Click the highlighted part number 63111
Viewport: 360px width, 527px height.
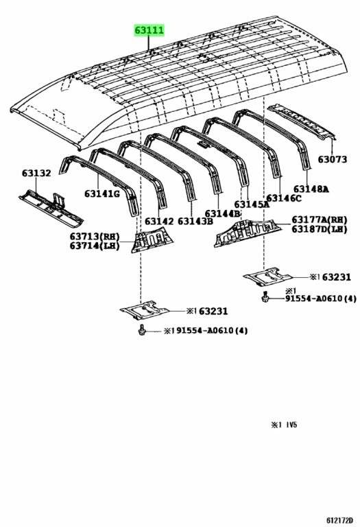pos(149,31)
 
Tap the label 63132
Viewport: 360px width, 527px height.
pos(36,174)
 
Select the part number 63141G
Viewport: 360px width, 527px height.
pos(101,194)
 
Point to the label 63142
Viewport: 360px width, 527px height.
pos(159,222)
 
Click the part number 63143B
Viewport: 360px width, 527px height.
pos(195,222)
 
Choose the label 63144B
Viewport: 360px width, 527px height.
pos(223,214)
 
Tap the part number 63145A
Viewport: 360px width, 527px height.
pos(252,204)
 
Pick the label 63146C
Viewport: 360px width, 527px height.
pos(284,198)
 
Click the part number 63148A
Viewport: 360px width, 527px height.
pos(311,189)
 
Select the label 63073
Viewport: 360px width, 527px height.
pos(333,159)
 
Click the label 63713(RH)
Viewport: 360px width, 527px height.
pos(95,237)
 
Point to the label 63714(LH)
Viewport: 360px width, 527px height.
pos(95,246)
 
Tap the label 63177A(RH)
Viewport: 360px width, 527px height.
pos(320,220)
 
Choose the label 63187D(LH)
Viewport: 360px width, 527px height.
pos(320,229)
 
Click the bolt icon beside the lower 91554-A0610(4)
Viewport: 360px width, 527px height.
pos(142,329)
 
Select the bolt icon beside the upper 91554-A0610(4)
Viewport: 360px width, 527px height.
pos(265,296)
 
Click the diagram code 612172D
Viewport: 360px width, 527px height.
pos(339,520)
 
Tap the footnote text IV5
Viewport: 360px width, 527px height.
pos(291,425)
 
